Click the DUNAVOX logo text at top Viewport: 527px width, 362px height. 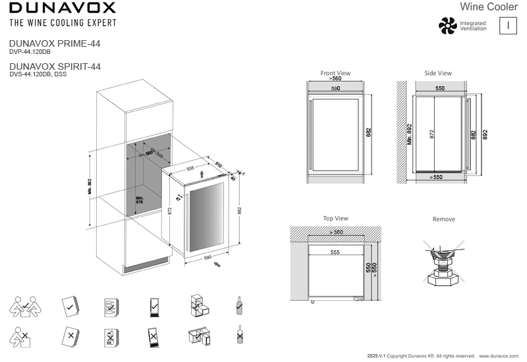[62, 8]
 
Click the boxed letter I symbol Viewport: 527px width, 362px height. [508, 26]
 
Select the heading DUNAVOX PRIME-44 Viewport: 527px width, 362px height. [55, 43]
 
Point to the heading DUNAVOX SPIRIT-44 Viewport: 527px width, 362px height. [55, 67]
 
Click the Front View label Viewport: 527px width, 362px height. [335, 73]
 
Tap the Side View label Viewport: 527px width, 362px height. [438, 73]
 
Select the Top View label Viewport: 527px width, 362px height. [335, 219]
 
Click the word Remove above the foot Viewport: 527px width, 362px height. [443, 219]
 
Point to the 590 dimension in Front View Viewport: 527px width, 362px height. [335, 88]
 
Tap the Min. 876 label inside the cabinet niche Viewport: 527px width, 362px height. [140, 199]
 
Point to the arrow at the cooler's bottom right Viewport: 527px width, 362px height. [217, 265]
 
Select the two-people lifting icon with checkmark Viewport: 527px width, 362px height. [22, 305]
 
